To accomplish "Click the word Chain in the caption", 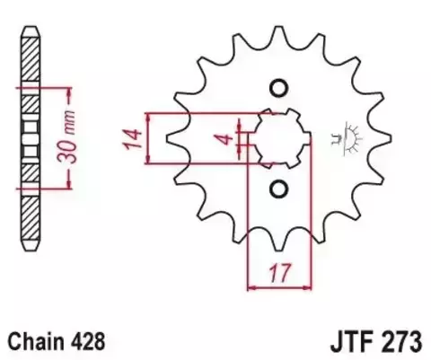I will (x=36, y=341).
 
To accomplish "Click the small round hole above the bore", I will (x=277, y=88).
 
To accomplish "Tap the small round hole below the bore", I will (x=277, y=189).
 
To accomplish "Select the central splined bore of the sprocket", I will (x=277, y=138).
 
